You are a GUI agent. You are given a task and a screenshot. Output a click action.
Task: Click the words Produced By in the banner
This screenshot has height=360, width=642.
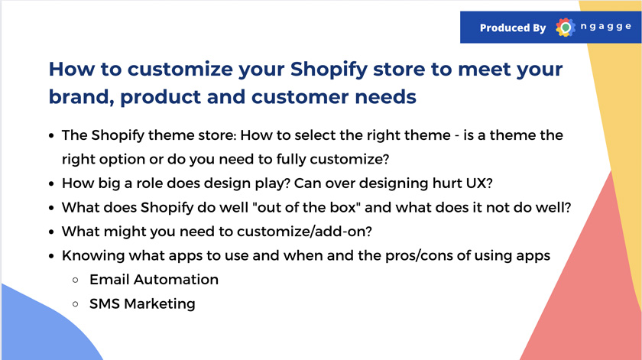513,28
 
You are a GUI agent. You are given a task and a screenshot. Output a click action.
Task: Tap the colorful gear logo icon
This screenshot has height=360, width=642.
565,28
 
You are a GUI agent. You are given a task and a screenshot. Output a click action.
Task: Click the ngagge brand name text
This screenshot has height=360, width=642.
605,27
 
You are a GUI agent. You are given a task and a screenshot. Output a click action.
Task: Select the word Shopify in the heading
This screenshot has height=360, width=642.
329,70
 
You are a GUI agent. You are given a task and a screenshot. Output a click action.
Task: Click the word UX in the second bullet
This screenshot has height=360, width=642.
478,183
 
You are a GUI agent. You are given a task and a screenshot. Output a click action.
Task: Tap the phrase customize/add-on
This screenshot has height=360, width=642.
304,232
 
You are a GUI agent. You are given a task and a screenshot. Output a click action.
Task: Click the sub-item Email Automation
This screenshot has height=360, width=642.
154,279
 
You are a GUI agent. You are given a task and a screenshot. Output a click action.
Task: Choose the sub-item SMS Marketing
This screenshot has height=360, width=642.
142,303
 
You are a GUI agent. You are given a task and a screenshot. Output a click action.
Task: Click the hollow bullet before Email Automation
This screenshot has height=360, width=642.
76,281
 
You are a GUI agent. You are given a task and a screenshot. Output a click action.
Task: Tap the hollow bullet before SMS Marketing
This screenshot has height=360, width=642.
76,304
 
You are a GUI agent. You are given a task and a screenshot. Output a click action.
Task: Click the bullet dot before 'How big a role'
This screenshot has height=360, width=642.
51,183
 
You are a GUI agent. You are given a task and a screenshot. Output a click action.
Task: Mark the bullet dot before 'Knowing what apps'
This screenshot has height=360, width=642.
51,256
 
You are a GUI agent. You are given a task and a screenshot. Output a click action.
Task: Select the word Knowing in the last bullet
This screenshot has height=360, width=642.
93,255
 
